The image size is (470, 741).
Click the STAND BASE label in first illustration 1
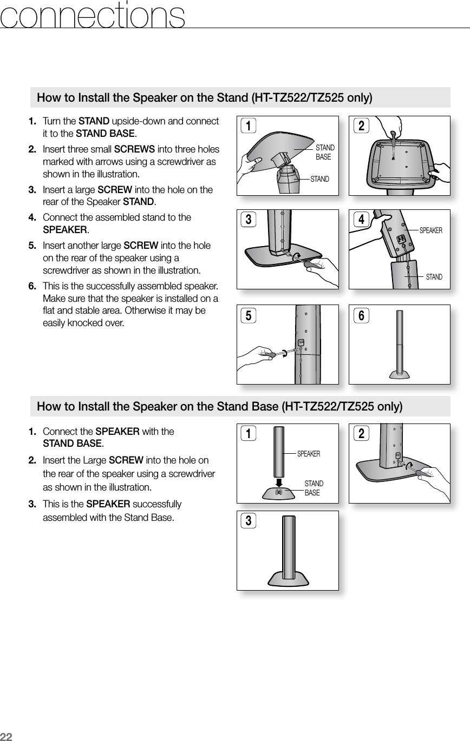(x=325, y=152)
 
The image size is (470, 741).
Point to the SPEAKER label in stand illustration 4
(x=431, y=230)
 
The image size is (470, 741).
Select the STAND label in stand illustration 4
(x=434, y=277)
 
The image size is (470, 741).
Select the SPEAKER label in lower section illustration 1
(x=309, y=454)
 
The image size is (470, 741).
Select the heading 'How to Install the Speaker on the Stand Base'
(x=219, y=406)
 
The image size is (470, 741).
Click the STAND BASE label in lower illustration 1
(x=314, y=488)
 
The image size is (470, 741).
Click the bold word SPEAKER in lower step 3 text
(x=108, y=505)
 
